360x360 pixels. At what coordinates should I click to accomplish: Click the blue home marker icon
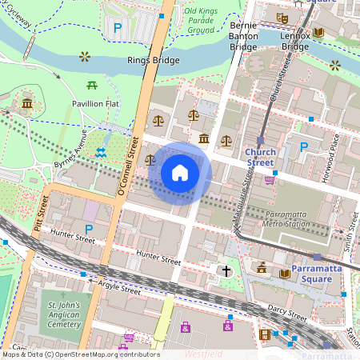[x=180, y=173]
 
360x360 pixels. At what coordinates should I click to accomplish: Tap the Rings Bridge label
[x=153, y=60]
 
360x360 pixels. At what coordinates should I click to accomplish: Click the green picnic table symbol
[x=92, y=84]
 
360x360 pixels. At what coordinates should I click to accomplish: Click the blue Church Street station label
[x=260, y=156]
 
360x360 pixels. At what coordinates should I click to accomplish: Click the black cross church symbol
[x=226, y=271]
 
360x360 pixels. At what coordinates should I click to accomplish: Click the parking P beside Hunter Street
[x=89, y=230]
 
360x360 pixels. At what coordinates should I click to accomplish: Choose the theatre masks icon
[x=281, y=17]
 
